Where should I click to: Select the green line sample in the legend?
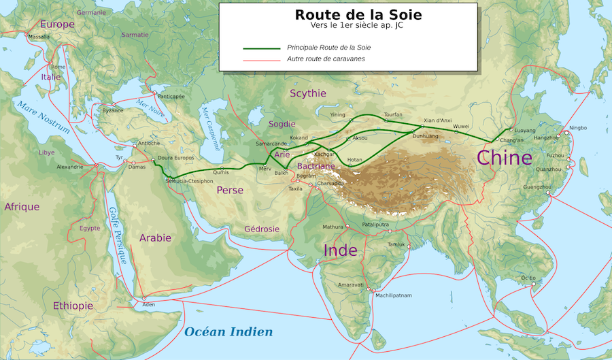pos(261,48)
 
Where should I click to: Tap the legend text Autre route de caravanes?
pos(326,59)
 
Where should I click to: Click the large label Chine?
pos(504,158)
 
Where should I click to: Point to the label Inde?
pos(340,250)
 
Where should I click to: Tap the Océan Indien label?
pos(228,332)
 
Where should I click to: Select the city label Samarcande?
pos(271,144)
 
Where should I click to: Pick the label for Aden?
pos(149,304)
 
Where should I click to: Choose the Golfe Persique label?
pos(116,235)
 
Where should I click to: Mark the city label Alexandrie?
pos(70,167)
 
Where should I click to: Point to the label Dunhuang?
pos(426,136)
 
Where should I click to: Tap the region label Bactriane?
pos(316,166)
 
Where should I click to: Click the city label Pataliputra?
pos(375,223)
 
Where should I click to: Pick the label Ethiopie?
pos(73,306)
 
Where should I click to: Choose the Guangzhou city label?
pos(537,186)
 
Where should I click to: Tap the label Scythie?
pos(308,93)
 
